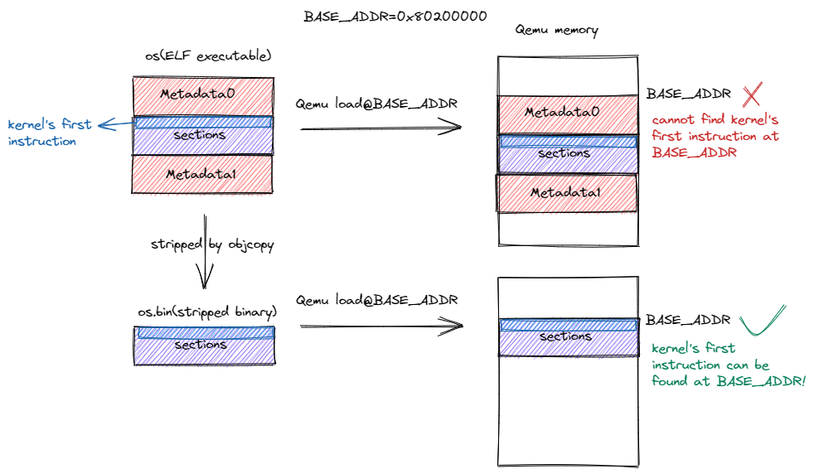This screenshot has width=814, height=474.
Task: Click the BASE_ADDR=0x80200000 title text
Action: (395, 16)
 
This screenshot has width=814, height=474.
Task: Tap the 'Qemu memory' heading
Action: (557, 31)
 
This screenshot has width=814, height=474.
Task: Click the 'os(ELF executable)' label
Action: (208, 56)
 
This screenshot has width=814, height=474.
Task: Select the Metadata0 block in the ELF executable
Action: (202, 95)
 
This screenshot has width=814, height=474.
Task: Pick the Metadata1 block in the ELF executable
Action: (202, 174)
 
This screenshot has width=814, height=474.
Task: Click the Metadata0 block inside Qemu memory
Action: (568, 113)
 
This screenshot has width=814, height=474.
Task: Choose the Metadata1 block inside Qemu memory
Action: (566, 193)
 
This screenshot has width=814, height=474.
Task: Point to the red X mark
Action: (752, 94)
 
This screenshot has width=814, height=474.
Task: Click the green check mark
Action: (762, 322)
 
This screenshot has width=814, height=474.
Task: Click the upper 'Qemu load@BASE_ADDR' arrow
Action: (380, 127)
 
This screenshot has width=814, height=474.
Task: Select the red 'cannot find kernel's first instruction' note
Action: (715, 136)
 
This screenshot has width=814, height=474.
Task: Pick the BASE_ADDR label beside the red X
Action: (688, 94)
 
